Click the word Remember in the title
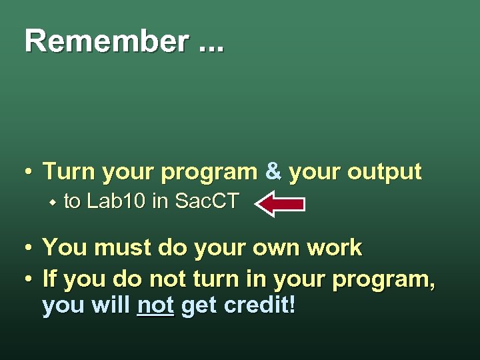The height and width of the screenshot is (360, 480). [x=106, y=41]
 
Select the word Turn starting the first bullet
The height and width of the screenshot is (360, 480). [x=68, y=172]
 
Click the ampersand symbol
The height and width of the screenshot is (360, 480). [x=273, y=172]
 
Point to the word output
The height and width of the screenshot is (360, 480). [x=383, y=172]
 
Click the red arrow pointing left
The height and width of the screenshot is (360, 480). [x=281, y=204]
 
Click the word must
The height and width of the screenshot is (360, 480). [x=123, y=248]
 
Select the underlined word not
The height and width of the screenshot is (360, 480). [x=155, y=306]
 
